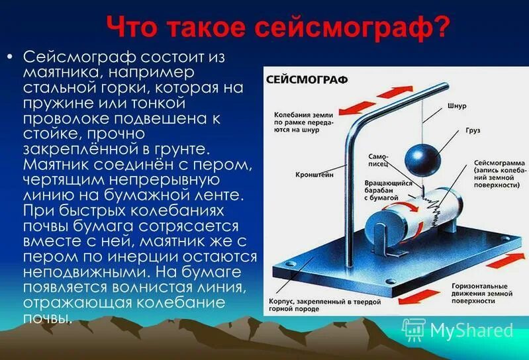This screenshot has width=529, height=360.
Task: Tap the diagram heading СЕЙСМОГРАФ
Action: point(298,79)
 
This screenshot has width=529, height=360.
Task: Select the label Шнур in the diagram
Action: point(456,105)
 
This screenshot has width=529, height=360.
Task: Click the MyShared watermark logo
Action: point(457,329)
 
